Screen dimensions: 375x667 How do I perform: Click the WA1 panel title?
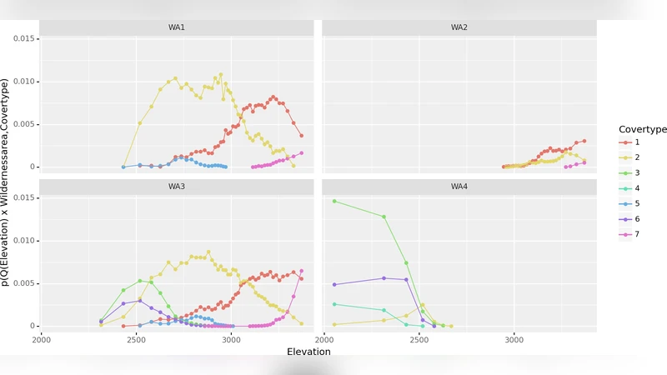(177, 27)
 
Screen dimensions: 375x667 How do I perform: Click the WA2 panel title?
(459, 27)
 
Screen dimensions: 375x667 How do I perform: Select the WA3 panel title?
(177, 187)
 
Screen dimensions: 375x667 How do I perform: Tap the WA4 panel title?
(459, 187)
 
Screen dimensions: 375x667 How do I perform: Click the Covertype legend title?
(643, 129)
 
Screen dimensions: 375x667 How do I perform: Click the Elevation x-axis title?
(308, 352)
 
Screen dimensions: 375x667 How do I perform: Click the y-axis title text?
(7, 182)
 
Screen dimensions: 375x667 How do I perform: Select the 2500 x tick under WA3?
(135, 340)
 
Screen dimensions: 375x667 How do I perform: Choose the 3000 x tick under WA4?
(514, 340)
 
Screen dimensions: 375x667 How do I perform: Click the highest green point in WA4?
(334, 201)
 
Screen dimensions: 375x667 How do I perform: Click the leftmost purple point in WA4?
(334, 285)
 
